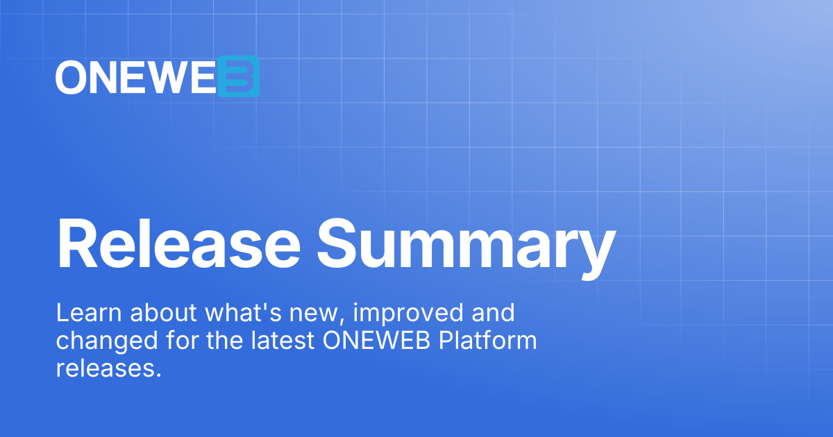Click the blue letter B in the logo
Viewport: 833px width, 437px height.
238,76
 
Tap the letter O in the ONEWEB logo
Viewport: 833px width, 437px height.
71,77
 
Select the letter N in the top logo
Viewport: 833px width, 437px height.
105,77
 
